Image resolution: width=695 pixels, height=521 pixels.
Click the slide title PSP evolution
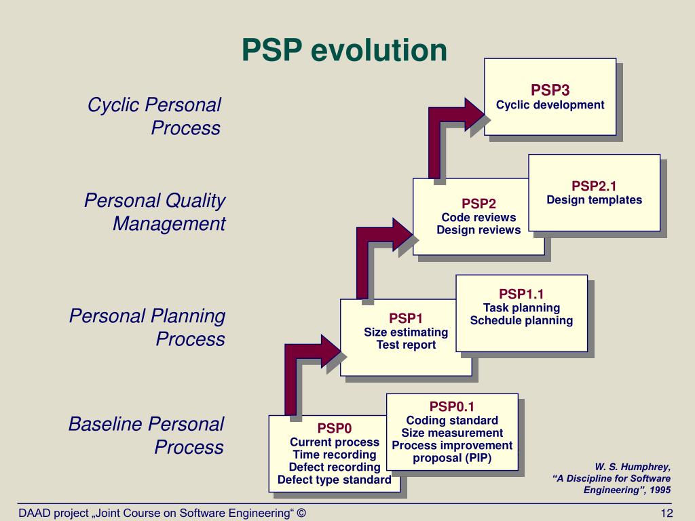tap(345, 51)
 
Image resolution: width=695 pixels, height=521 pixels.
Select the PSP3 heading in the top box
tap(550, 90)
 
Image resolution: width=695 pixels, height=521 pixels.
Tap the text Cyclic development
tap(550, 105)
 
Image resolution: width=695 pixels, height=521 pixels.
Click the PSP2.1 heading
tap(594, 185)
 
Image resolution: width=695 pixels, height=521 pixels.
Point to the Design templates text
tap(594, 200)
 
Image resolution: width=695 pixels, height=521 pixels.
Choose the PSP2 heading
tap(478, 204)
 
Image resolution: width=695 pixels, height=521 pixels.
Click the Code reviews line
tap(478, 218)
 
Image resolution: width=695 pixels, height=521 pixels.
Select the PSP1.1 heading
tap(521, 294)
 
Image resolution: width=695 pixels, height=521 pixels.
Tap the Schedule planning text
tap(521, 321)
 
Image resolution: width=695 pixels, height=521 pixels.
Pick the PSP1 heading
tap(406, 318)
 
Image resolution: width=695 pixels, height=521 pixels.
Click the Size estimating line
tap(406, 332)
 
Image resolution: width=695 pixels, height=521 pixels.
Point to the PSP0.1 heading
tap(452, 406)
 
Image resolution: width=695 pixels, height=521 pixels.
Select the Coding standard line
tap(452, 421)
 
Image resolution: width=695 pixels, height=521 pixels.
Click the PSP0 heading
tap(335, 428)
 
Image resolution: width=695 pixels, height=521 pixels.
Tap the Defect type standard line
tap(335, 480)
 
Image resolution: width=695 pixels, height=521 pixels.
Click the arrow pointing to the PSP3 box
tap(448, 129)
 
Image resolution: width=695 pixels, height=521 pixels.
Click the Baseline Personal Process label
tap(146, 436)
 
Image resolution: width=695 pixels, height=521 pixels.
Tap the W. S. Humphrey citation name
tap(632, 467)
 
